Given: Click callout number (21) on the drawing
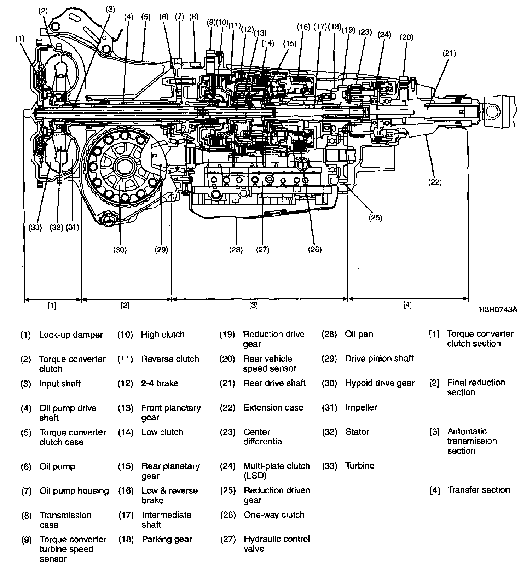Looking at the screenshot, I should tap(449, 53).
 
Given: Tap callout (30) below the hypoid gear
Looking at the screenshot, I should tap(120, 250).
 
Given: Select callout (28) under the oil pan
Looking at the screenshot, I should tap(236, 250).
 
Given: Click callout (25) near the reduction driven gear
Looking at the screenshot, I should tap(375, 217).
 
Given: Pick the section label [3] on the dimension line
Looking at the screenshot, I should tap(253, 305).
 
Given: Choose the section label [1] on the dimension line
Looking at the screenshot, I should tap(52, 306).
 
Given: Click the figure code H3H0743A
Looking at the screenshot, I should tap(498, 310).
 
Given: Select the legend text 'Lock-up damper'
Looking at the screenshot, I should tap(71, 335).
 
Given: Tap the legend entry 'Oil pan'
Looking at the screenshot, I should tap(359, 334).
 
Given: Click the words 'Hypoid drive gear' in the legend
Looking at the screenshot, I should tap(380, 383).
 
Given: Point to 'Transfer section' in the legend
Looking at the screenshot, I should tap(479, 490).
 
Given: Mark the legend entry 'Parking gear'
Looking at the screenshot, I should tap(167, 539).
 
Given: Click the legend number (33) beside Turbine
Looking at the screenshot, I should tap(329, 466).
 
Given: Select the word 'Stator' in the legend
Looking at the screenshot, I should tap(357, 432).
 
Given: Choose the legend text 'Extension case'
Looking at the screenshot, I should tap(273, 407).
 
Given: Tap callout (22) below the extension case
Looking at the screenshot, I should tap(435, 182).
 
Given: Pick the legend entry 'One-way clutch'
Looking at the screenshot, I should tap(274, 514).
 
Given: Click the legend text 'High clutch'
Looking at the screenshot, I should tap(163, 335).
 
